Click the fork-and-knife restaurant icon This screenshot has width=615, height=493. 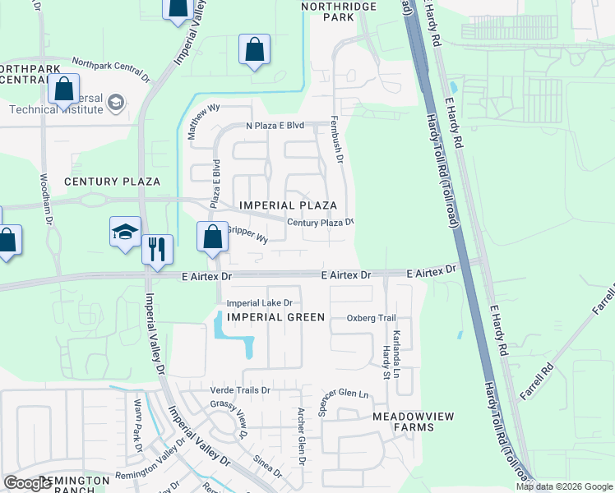coord(157,247)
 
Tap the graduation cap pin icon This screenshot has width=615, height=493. coord(125,232)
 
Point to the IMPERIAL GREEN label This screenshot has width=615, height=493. coord(275,317)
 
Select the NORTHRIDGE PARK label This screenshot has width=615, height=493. coord(338,12)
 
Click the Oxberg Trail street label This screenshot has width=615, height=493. coord(371,318)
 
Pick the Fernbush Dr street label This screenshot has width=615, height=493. coord(335,139)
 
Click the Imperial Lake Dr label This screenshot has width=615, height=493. coord(259,302)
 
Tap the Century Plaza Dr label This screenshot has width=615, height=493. coord(320,222)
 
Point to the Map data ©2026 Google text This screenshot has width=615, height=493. coord(563,486)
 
